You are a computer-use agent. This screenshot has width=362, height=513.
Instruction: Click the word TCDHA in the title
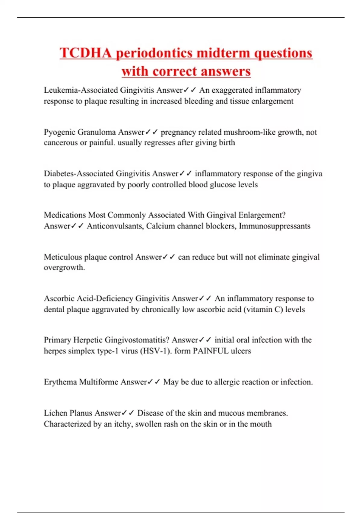[86, 53]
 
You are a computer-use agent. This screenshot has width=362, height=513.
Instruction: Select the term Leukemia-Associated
[81, 90]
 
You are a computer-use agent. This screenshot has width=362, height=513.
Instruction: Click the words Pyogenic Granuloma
[80, 132]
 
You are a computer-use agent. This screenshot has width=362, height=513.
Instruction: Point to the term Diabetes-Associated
[79, 174]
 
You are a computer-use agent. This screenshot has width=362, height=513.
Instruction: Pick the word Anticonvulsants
[115, 226]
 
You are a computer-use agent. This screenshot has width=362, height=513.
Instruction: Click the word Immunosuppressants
[275, 226]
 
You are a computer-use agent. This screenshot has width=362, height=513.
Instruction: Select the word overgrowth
[64, 268]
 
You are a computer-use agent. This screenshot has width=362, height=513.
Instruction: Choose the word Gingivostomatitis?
[137, 340]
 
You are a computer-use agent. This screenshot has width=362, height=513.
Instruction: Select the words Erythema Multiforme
[81, 382]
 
